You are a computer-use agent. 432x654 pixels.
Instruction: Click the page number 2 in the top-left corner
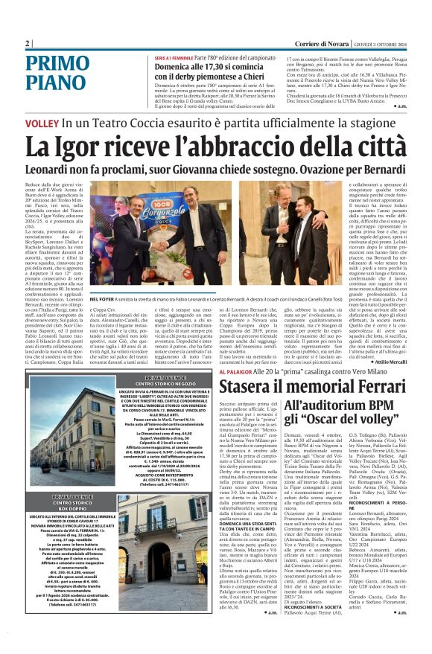click(28, 43)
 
